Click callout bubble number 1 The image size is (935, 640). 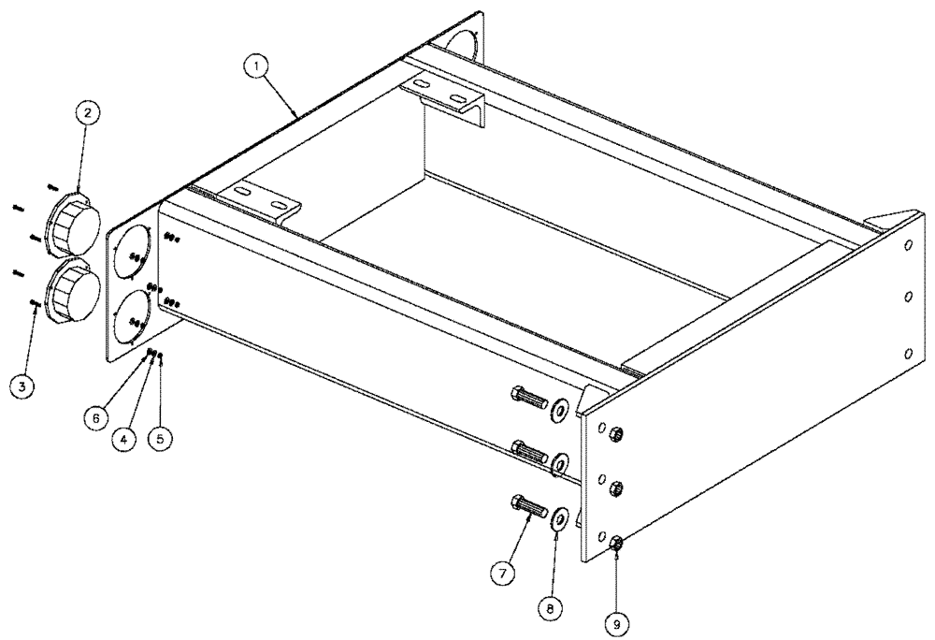[x=254, y=66]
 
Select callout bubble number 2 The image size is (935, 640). [x=87, y=113]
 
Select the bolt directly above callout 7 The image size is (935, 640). [x=530, y=507]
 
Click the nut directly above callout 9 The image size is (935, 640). [x=617, y=545]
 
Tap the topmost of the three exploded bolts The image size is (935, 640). [x=530, y=398]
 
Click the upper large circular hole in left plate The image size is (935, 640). [x=134, y=250]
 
